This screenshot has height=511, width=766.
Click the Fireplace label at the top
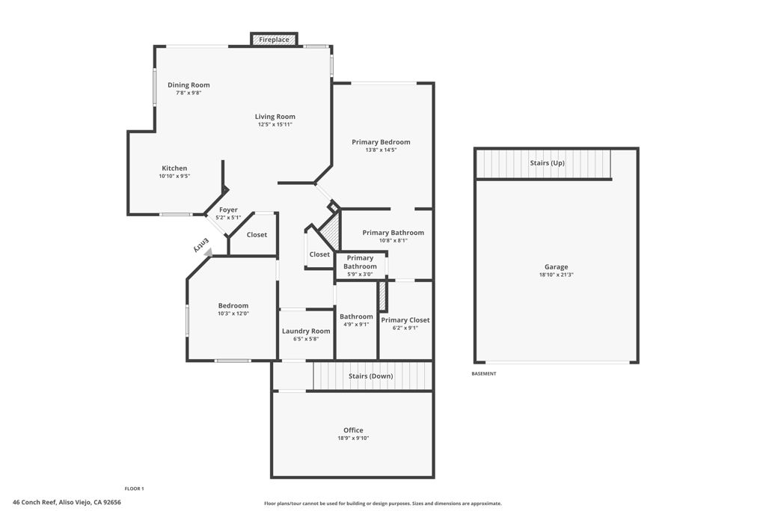click(x=274, y=40)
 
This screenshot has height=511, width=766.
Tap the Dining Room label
click(x=189, y=85)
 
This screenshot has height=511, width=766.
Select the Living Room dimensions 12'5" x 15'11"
click(x=275, y=124)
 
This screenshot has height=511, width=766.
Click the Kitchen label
click(x=174, y=168)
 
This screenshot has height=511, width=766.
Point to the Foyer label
click(x=228, y=210)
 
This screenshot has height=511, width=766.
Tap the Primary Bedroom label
click(x=381, y=142)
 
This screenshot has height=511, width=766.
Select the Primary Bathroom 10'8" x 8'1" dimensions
click(x=393, y=240)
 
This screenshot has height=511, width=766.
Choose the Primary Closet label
click(x=405, y=320)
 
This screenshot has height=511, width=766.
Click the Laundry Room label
click(x=306, y=331)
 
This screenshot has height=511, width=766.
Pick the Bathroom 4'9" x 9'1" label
click(x=356, y=316)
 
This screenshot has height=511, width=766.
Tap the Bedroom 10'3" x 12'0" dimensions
click(x=233, y=313)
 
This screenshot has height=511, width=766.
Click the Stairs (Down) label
click(x=370, y=376)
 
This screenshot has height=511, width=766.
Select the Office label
click(x=353, y=430)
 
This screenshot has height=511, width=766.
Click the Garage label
click(x=556, y=267)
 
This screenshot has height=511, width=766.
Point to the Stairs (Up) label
click(x=547, y=163)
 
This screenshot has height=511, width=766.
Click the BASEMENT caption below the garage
click(x=483, y=373)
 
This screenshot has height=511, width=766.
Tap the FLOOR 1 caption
click(x=134, y=489)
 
